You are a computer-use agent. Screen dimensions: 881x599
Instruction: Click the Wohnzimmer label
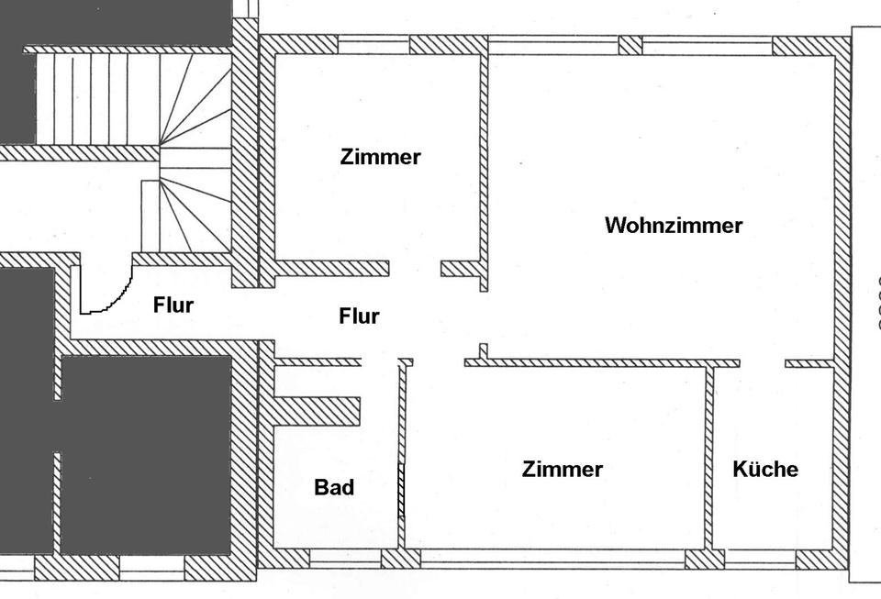[x=674, y=226]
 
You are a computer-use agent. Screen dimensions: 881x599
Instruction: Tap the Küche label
[x=765, y=470]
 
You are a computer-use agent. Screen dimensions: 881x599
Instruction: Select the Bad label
[x=334, y=487]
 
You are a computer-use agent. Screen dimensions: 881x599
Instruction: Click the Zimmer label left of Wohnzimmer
[x=380, y=157]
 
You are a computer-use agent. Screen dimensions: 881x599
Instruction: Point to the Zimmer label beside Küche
[x=562, y=470]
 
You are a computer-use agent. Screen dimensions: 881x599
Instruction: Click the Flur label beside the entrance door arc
[x=173, y=305]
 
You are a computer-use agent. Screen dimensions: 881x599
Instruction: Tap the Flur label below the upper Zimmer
[x=359, y=316]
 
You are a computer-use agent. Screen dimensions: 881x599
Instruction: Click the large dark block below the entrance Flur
[x=146, y=455]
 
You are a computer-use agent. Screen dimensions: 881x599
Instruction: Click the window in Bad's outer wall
[x=345, y=558]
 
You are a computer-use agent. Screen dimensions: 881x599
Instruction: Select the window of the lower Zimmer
[x=552, y=558]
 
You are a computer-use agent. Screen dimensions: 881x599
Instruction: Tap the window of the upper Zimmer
[x=374, y=44]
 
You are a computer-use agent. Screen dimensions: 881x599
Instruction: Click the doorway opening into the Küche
[x=762, y=363]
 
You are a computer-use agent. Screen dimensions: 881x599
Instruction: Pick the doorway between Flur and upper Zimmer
[x=416, y=268]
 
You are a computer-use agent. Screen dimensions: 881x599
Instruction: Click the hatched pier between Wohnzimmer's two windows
[x=630, y=45]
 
